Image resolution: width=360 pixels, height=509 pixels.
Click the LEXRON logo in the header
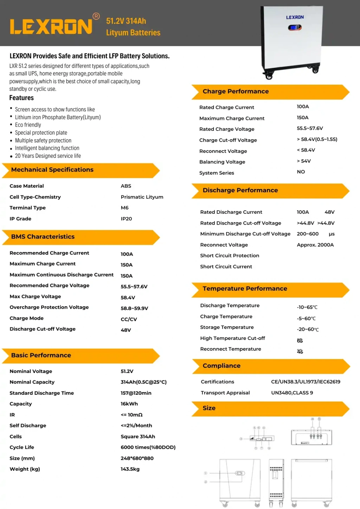pos(51,27)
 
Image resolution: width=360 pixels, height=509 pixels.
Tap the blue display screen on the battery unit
pos(295,27)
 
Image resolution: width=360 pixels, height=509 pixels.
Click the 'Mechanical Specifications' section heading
pos(52,170)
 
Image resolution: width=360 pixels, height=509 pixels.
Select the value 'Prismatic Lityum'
pos(142,197)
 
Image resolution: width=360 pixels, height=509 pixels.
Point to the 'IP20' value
pos(126,219)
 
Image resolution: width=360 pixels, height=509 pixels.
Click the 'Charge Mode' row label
pos(27,318)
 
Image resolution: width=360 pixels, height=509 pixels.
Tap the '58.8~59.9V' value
pos(134,308)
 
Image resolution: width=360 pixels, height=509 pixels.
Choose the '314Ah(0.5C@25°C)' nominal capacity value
pos(143,382)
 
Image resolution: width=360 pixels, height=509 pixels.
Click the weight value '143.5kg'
pos(130,469)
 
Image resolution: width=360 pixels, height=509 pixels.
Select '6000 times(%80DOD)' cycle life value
pos(148,447)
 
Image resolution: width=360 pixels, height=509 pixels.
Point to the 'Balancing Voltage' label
pos(222,162)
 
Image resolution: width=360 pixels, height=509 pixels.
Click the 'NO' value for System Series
pos(301,172)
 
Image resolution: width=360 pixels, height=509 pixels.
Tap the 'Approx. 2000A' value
pos(315,245)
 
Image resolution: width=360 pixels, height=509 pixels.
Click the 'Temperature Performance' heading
pos(245,289)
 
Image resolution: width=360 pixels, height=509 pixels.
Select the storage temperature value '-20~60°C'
pos(308,329)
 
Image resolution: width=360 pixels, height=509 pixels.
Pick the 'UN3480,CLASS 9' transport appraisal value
pos(292,393)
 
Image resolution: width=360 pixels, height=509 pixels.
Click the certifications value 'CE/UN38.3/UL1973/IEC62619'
pos(306,382)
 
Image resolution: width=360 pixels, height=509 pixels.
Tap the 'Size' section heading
pos(209,408)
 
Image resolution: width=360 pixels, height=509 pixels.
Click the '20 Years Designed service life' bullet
pos(48,156)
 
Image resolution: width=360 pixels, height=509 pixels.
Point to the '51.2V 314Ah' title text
pos(126,21)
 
